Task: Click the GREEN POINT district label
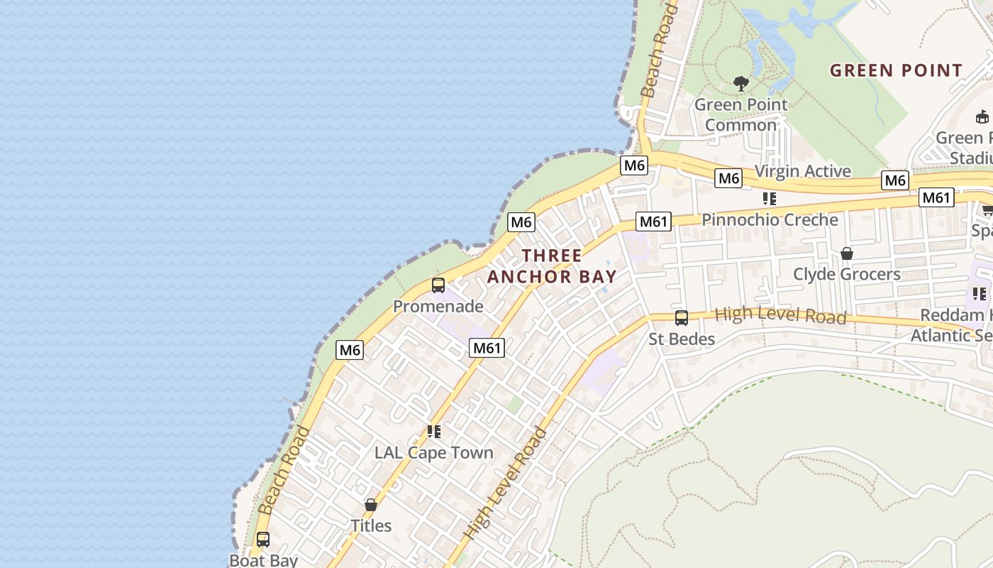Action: pyautogui.click(x=896, y=70)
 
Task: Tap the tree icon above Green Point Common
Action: pyautogui.click(x=741, y=84)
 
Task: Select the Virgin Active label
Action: pyautogui.click(x=802, y=171)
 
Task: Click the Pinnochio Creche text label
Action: pyautogui.click(x=770, y=219)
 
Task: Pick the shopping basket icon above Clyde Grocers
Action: pyautogui.click(x=846, y=253)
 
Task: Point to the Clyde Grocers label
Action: pyautogui.click(x=846, y=274)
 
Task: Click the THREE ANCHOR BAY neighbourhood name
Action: pyautogui.click(x=552, y=266)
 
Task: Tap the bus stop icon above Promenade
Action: pyautogui.click(x=438, y=285)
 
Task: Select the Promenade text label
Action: pyautogui.click(x=438, y=307)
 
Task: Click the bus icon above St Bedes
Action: pyautogui.click(x=682, y=317)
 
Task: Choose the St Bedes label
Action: pyautogui.click(x=682, y=339)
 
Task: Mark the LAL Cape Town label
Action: pyautogui.click(x=433, y=453)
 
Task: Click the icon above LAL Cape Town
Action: pyautogui.click(x=434, y=432)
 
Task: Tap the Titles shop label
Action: pyautogui.click(x=371, y=525)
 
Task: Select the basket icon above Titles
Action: pyautogui.click(x=370, y=505)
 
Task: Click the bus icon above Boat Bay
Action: pyautogui.click(x=263, y=540)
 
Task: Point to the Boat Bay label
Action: pyautogui.click(x=263, y=560)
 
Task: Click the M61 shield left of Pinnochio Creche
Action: pyautogui.click(x=653, y=222)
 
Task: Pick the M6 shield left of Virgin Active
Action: pyautogui.click(x=728, y=178)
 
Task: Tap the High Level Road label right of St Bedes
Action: pyautogui.click(x=780, y=315)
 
